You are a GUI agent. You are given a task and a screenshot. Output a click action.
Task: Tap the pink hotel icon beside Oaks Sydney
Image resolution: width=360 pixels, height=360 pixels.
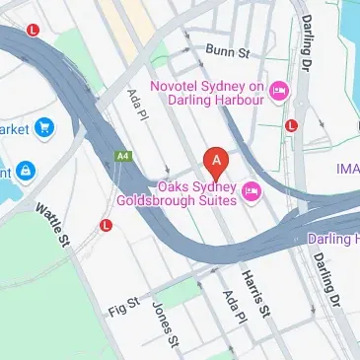coord(252,189)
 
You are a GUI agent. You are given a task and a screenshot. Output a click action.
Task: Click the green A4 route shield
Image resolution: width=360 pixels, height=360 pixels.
coord(123,155)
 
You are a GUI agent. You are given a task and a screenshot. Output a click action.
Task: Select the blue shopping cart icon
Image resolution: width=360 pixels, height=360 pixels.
coord(43,127)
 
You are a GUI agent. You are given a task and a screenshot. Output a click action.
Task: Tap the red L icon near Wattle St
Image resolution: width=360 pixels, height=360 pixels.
coord(107,226)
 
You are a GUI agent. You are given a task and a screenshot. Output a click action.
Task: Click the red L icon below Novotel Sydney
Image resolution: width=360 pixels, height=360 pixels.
coord(291,125)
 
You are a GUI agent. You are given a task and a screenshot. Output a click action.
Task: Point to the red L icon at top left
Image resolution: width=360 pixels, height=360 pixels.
coord(34,31)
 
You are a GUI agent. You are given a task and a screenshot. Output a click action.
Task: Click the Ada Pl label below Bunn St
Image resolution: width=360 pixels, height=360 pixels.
coord(135,104)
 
